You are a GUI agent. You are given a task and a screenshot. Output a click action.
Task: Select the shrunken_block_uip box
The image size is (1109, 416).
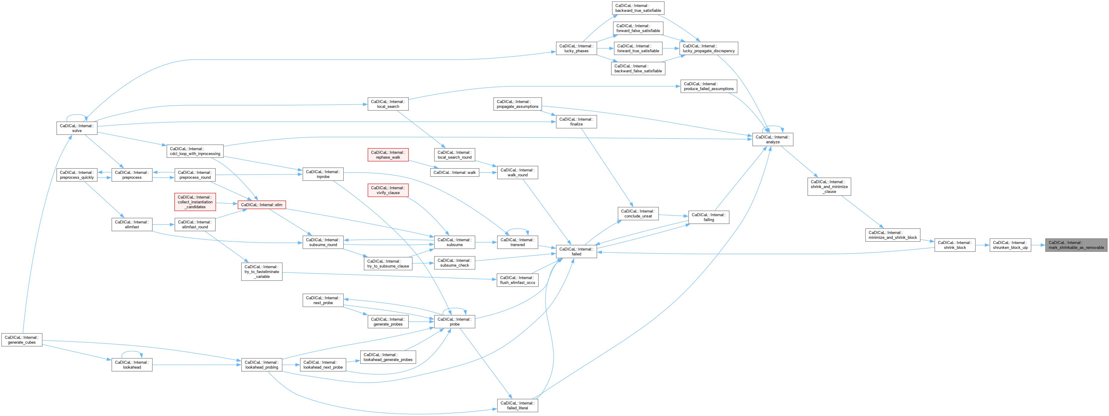(x=1010, y=245)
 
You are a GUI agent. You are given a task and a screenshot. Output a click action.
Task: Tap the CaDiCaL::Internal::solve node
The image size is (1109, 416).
(x=77, y=128)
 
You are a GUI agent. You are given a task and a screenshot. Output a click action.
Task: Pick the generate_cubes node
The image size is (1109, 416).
(x=22, y=340)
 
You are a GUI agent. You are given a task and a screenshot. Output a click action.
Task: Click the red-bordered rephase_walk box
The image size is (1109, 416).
(x=388, y=154)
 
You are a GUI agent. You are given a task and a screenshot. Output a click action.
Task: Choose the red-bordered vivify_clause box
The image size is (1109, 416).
(x=388, y=190)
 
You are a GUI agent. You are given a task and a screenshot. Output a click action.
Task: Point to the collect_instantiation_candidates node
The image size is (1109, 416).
(x=195, y=202)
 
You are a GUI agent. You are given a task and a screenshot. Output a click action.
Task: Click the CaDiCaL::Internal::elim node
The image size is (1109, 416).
(x=262, y=205)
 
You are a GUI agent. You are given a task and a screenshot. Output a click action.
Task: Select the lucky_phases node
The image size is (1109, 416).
(x=576, y=48)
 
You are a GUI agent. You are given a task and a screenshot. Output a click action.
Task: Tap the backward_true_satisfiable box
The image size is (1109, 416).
(x=638, y=8)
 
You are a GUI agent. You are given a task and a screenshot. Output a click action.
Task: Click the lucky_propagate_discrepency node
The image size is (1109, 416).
(x=709, y=48)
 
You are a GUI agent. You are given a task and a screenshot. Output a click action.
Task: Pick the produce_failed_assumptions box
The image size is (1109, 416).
(x=709, y=86)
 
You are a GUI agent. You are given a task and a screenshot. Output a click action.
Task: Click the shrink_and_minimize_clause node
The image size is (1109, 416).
(x=829, y=187)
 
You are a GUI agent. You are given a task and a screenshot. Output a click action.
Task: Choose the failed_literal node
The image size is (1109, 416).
(x=517, y=405)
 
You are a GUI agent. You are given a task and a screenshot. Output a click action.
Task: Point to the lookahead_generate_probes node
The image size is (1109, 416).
(x=388, y=357)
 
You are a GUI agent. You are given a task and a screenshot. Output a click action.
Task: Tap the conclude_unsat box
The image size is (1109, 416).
(x=638, y=214)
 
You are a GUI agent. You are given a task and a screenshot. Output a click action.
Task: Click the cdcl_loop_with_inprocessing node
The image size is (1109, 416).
(x=195, y=151)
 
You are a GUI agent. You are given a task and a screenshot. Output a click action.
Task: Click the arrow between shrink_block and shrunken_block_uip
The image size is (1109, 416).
(x=982, y=245)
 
